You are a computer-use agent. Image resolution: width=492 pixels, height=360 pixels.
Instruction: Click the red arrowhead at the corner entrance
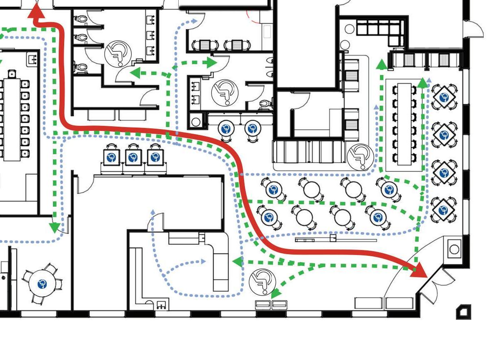click(x=420, y=270)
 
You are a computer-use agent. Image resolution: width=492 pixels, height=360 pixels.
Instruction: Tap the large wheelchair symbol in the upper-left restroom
click(x=117, y=54)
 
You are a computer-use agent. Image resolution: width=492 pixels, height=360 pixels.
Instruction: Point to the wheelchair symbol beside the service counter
click(x=360, y=156)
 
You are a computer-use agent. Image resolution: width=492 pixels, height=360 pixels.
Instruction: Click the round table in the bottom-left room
click(x=42, y=284)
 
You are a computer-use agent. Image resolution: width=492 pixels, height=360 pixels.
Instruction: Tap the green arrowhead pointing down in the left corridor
click(x=55, y=227)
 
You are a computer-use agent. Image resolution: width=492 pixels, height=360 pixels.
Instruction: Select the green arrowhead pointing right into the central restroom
click(x=212, y=63)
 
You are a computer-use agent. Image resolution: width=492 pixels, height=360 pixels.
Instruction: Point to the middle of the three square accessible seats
click(x=133, y=157)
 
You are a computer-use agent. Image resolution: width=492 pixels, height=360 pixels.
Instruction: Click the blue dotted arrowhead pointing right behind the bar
click(x=203, y=261)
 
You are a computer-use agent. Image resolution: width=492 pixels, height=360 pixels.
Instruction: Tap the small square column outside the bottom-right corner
click(x=463, y=311)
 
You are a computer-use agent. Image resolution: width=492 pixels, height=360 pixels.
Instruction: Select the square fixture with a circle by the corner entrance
click(x=454, y=249)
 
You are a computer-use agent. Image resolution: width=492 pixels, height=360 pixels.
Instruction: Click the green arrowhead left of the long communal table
click(x=381, y=64)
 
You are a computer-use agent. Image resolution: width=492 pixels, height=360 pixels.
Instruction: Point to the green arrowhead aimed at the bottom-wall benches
click(x=275, y=294)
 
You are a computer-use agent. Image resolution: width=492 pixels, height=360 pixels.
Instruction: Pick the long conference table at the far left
click(x=12, y=119)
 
